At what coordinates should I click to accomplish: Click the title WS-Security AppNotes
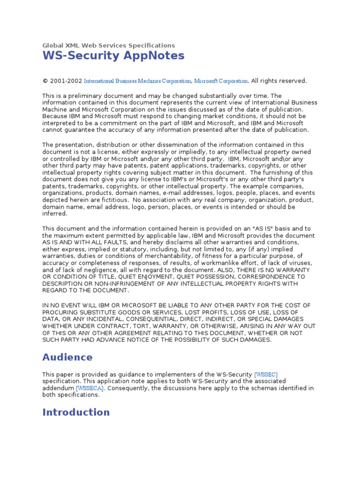113,56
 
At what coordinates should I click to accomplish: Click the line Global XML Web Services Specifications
108,45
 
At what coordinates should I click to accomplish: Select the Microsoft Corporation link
221,81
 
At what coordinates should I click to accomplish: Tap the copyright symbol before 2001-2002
45,81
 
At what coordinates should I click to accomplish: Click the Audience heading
67,357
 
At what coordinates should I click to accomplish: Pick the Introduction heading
76,412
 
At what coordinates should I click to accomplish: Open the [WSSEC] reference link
266,375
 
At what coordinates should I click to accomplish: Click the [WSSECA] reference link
90,388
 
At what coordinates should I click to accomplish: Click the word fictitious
115,200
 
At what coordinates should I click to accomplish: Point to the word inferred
55,214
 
